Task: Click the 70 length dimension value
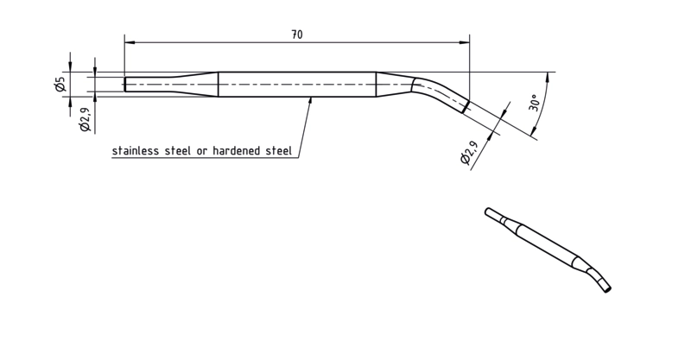tap(297, 35)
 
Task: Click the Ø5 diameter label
tap(60, 84)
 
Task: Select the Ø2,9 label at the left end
tap(85, 120)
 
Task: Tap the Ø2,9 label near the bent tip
tap(469, 153)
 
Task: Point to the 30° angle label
tap(534, 102)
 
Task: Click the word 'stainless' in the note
tap(136, 151)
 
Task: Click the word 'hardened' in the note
tap(236, 151)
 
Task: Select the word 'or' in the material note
tap(202, 152)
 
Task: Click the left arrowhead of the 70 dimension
tap(130, 42)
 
